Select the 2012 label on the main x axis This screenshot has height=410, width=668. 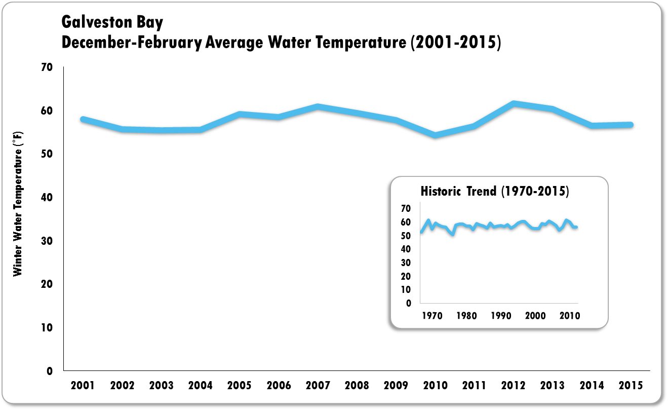click(513, 386)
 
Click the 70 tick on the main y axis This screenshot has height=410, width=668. click(47, 67)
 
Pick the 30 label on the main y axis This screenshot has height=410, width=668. click(47, 241)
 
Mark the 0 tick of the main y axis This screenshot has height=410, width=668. click(50, 371)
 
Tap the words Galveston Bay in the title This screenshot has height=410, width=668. click(112, 23)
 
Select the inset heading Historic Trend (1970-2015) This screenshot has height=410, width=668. click(495, 192)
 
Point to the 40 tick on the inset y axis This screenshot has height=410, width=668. click(405, 249)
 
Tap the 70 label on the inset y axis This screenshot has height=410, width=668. click(405, 209)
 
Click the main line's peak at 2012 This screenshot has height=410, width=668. click(514, 104)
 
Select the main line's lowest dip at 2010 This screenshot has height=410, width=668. click(435, 135)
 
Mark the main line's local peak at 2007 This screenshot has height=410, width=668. click(318, 107)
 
